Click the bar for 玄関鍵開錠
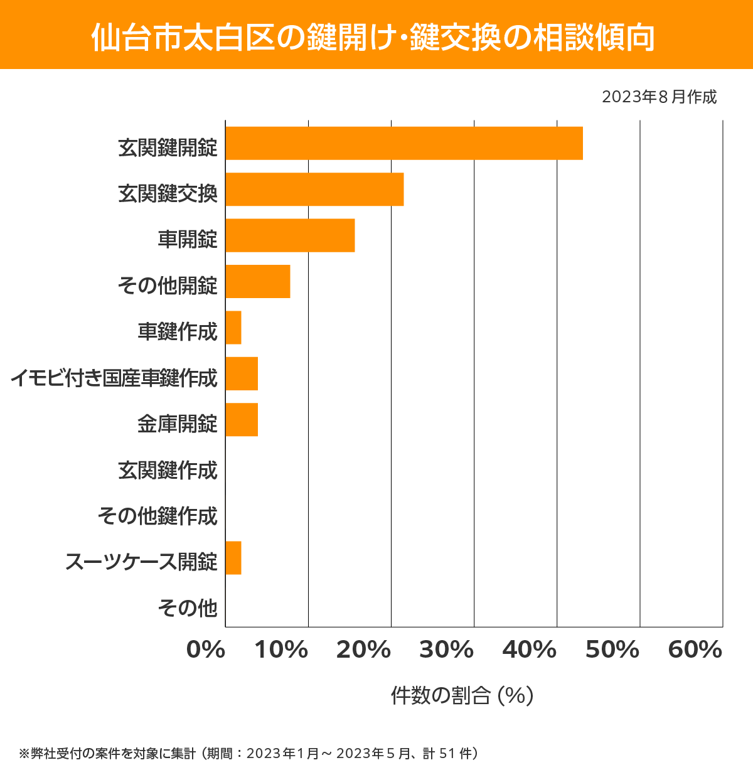pyautogui.click(x=403, y=143)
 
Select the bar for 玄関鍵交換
pyautogui.click(x=314, y=189)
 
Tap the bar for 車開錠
pyautogui.click(x=290, y=235)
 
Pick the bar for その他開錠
pyautogui.click(x=257, y=281)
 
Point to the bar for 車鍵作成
pyautogui.click(x=233, y=328)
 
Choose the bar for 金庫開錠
pyautogui.click(x=242, y=419)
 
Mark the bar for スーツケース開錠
pyautogui.click(x=233, y=557)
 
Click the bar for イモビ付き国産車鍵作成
pyautogui.click(x=242, y=373)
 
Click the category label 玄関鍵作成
pyautogui.click(x=168, y=470)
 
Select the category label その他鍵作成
pyautogui.click(x=158, y=516)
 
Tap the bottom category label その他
pyautogui.click(x=187, y=607)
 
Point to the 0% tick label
pyautogui.click(x=206, y=650)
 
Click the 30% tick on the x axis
pyautogui.click(x=446, y=650)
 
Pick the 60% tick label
pyautogui.click(x=695, y=650)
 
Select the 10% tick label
pyautogui.click(x=280, y=650)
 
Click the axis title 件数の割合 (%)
pyautogui.click(x=462, y=695)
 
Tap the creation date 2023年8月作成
pyautogui.click(x=659, y=97)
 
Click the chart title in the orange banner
pyautogui.click(x=373, y=38)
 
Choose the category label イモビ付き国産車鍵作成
pyautogui.click(x=114, y=378)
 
